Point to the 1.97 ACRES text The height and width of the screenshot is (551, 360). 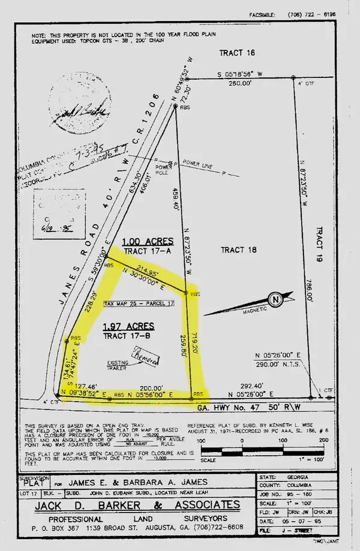128,326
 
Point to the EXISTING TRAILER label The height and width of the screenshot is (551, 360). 119,365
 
